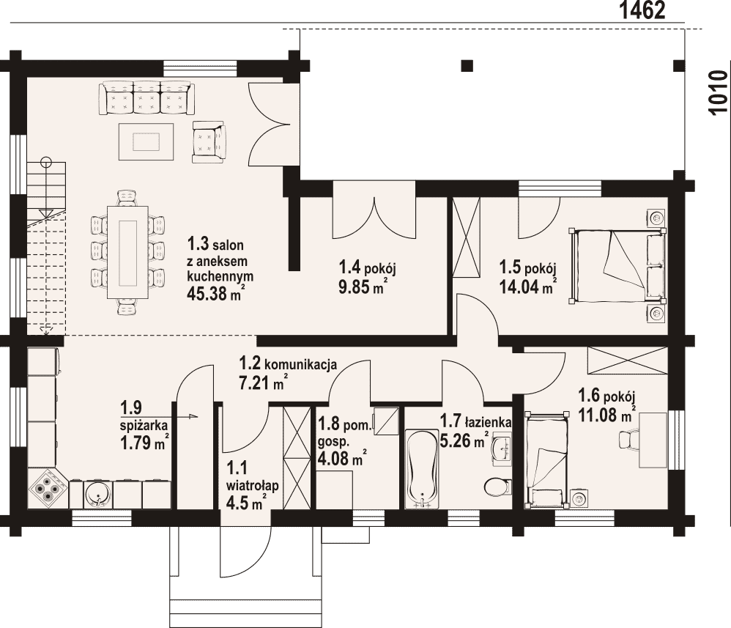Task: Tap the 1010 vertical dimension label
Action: [718, 92]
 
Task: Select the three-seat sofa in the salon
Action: [146, 97]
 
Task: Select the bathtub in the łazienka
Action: [423, 469]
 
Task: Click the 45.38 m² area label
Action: [215, 293]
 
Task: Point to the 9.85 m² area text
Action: [363, 286]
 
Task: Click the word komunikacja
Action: [300, 364]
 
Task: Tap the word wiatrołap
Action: [252, 486]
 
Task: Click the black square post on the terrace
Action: [467, 65]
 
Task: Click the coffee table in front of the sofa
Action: [146, 141]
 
